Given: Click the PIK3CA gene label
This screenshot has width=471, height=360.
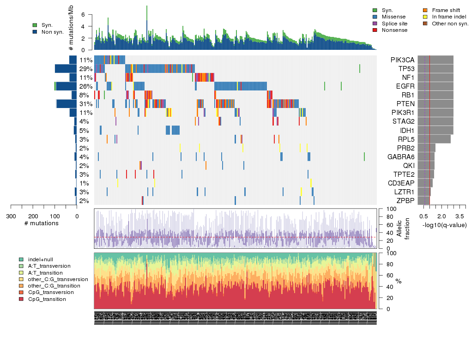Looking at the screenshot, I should pyautogui.click(x=402, y=60).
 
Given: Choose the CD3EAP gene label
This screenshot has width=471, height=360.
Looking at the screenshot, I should pyautogui.click(x=401, y=183).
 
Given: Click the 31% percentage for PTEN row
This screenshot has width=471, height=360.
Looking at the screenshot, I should pyautogui.click(x=86, y=104).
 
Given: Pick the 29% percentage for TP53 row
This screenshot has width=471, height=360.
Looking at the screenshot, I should pyautogui.click(x=86, y=69).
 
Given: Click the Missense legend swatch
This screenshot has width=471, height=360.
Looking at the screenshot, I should pyautogui.click(x=374, y=17).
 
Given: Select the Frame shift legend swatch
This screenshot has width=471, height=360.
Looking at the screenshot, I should pyautogui.click(x=425, y=10).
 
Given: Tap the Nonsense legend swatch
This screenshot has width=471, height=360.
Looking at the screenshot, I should pyautogui.click(x=374, y=30).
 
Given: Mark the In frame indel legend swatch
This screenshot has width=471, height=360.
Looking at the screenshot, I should pyautogui.click(x=425, y=17).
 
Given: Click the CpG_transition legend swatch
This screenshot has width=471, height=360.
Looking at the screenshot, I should pyautogui.click(x=21, y=299).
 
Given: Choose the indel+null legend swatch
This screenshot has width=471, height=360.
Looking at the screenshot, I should pyautogui.click(x=21, y=259).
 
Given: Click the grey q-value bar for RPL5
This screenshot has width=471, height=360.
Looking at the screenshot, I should pyautogui.click(x=434, y=139).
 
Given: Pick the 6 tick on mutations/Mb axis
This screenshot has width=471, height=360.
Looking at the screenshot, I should pyautogui.click(x=84, y=15).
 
